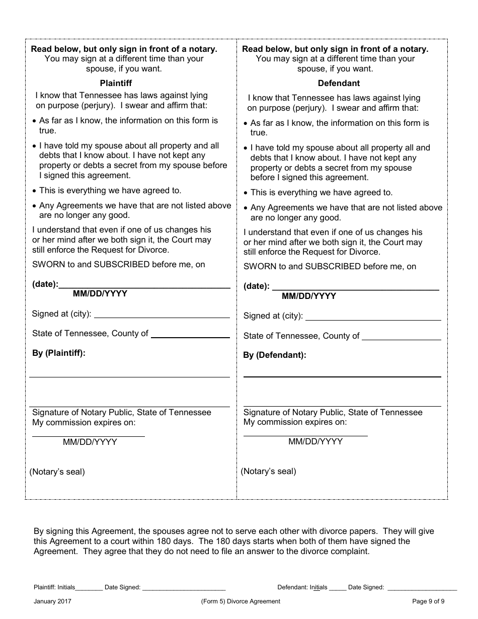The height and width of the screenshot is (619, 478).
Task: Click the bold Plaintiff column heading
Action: (x=116, y=83)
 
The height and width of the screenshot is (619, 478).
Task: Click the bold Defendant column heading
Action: (x=339, y=83)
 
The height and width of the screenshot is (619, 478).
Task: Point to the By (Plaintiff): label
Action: (x=59, y=353)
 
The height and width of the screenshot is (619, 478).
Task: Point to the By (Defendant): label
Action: (x=275, y=355)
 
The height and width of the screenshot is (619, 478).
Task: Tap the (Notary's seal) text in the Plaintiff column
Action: (x=57, y=472)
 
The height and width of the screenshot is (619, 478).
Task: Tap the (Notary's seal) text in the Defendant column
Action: (x=269, y=472)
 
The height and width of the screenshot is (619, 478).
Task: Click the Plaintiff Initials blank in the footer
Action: (x=89, y=588)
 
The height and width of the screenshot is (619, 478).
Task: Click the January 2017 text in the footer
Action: (x=52, y=601)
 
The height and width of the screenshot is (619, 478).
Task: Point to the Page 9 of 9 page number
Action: (x=428, y=601)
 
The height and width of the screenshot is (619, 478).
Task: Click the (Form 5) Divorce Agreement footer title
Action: (x=241, y=601)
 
